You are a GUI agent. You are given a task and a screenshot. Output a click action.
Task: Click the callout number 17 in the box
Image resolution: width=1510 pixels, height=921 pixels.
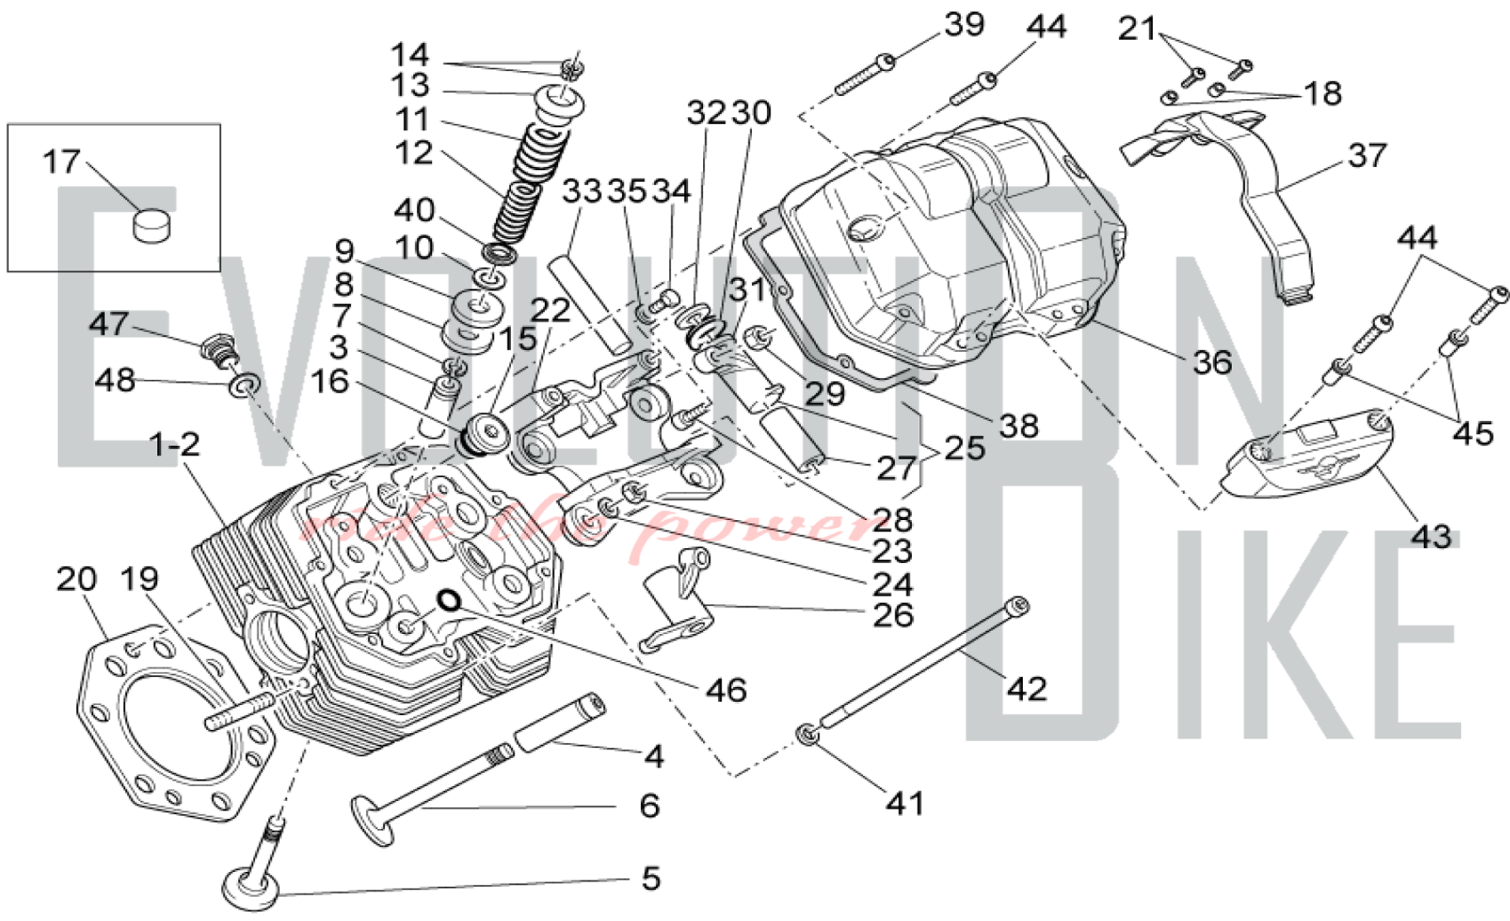click(x=61, y=162)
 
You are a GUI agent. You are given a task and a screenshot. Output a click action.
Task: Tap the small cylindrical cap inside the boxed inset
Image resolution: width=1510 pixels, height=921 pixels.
click(x=152, y=225)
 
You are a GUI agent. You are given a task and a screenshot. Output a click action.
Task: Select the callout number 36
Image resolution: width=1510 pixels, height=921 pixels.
click(x=1212, y=362)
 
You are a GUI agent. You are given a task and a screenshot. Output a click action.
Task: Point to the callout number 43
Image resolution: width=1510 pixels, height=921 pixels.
click(x=1431, y=537)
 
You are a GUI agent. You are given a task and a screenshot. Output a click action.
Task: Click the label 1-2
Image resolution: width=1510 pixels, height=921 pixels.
click(x=175, y=445)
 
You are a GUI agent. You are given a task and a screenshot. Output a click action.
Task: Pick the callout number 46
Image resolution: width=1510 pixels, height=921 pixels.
click(x=726, y=690)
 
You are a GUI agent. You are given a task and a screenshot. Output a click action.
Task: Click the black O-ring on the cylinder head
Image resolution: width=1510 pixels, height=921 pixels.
click(x=449, y=600)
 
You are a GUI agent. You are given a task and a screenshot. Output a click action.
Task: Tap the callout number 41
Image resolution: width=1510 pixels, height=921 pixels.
click(x=905, y=803)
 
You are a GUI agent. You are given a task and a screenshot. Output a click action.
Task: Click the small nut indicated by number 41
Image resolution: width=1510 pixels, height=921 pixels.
click(x=806, y=733)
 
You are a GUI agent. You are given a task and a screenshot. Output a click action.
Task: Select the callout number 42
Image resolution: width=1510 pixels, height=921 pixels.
click(x=1027, y=688)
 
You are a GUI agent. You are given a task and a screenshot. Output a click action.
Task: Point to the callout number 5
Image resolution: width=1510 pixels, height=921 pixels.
click(x=651, y=879)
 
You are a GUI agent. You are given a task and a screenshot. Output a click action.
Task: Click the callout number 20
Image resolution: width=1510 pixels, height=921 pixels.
click(x=76, y=580)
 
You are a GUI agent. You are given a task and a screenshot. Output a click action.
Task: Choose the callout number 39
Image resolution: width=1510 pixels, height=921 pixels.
click(x=964, y=25)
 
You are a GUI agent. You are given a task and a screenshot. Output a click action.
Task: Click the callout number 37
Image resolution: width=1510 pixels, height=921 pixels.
click(x=1367, y=156)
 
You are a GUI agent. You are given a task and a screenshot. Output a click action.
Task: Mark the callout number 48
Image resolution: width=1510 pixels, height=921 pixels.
click(x=115, y=380)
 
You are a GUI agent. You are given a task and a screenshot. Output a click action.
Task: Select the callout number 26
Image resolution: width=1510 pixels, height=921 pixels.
click(x=892, y=615)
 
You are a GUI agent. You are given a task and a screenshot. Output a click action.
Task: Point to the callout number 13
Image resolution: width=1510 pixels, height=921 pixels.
click(x=410, y=85)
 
